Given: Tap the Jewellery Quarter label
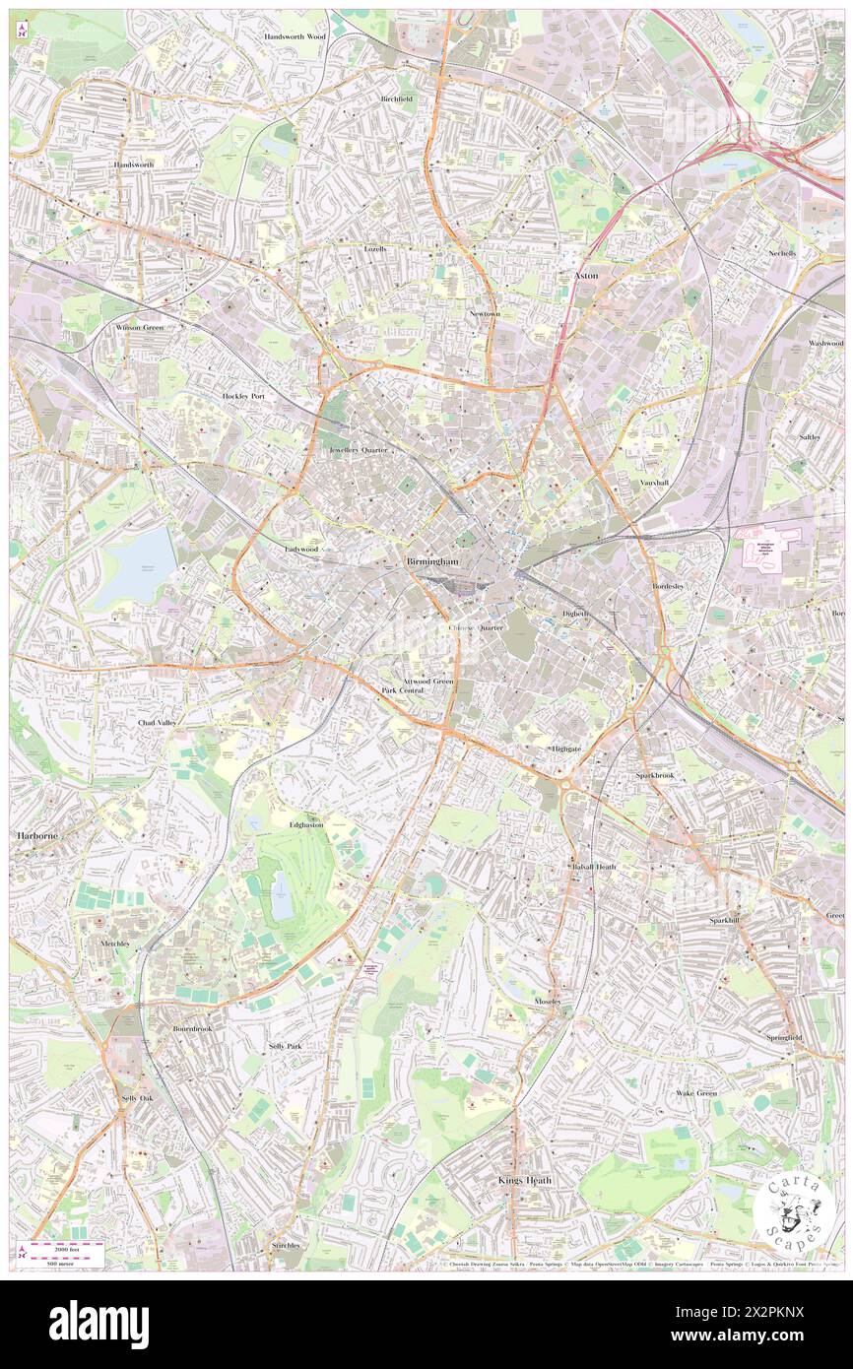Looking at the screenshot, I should tap(358, 449).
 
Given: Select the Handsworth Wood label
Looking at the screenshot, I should tap(295, 35).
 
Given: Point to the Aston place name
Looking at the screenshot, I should tap(586, 276).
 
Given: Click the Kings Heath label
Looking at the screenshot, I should tap(525, 1179).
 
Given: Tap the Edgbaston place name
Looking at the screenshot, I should tap(306, 824).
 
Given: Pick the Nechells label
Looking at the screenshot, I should tap(782, 253).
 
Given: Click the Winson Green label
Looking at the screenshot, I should tap(139, 327).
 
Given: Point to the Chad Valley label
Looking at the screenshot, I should tap(157, 722).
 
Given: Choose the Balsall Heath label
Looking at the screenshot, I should tap(591, 867).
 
